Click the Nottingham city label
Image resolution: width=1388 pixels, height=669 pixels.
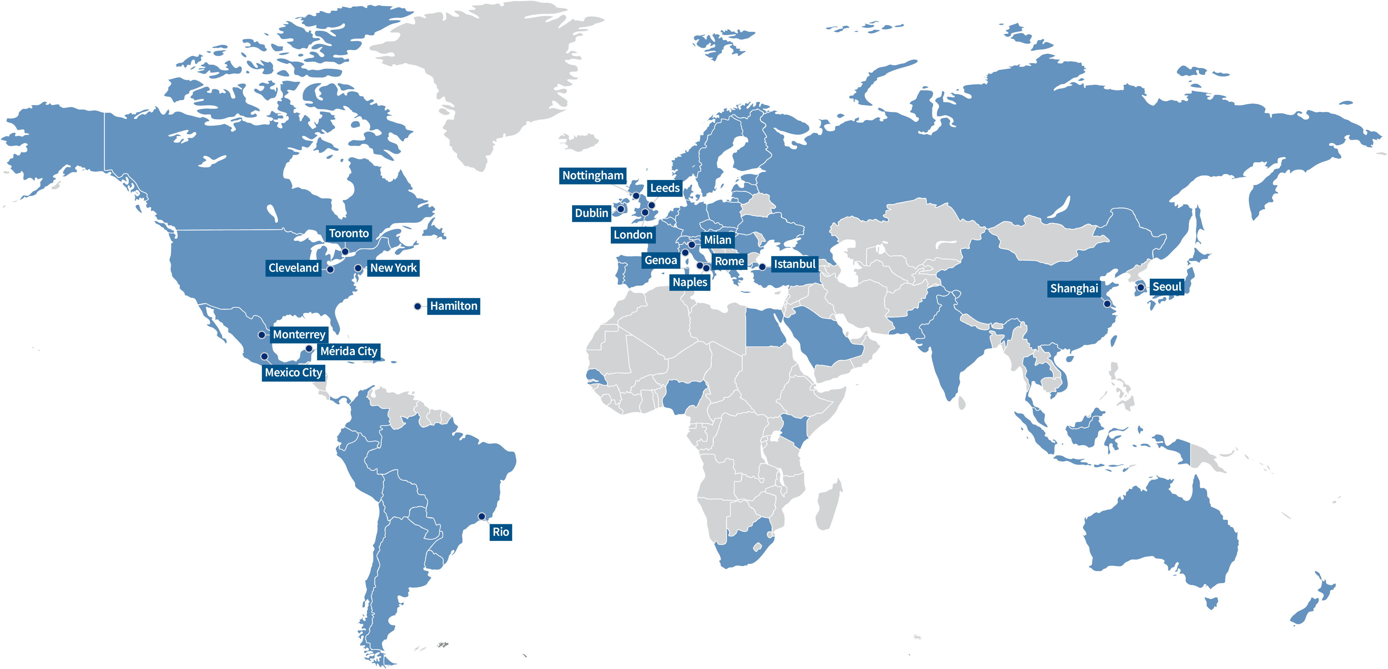point(593,175)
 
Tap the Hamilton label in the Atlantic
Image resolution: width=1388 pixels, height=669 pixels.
point(454,306)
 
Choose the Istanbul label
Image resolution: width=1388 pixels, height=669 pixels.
point(795,264)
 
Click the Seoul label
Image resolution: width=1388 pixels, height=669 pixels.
point(1166,287)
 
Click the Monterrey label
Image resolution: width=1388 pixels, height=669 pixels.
point(299,334)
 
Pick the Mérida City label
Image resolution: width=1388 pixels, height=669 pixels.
point(348,351)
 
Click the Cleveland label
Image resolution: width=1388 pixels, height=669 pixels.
point(294,268)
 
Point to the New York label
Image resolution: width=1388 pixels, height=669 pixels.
point(393,268)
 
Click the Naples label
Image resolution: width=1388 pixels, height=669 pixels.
point(690,282)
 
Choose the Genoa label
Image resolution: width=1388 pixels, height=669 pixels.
point(661,261)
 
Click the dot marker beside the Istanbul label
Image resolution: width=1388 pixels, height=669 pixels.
point(763,266)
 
